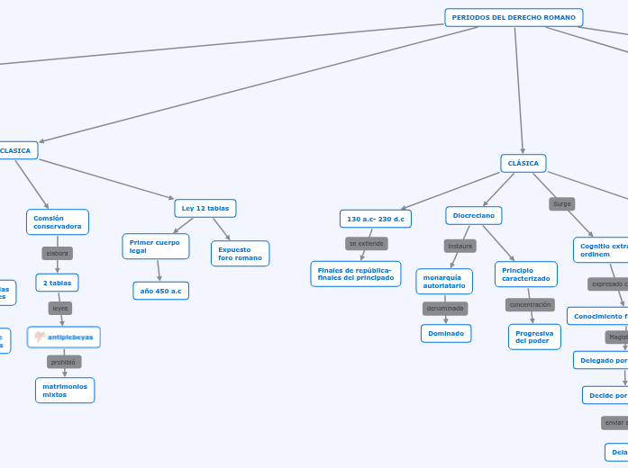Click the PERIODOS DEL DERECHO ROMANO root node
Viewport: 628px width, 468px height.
click(x=514, y=17)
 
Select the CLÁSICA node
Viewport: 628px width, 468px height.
click(x=523, y=164)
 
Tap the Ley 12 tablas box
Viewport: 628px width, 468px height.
click(x=205, y=208)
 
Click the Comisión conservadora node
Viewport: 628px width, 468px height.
click(x=58, y=221)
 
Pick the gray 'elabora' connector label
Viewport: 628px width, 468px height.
click(x=58, y=254)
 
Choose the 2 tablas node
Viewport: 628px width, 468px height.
click(x=58, y=283)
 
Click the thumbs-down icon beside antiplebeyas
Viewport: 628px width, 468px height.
click(x=40, y=337)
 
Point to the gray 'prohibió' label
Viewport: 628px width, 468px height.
click(x=64, y=362)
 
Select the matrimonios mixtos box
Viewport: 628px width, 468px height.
click(x=64, y=390)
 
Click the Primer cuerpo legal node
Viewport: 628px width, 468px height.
click(x=155, y=246)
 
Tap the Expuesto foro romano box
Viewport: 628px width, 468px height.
click(x=240, y=253)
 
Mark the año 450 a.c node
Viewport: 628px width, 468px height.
click(x=160, y=291)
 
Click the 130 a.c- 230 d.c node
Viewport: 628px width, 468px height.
click(x=376, y=219)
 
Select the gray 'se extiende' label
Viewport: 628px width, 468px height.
click(x=366, y=244)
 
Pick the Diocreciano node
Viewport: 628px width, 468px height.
click(x=474, y=216)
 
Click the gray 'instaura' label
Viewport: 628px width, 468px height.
click(x=460, y=246)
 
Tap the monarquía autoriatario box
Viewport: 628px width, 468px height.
click(x=444, y=281)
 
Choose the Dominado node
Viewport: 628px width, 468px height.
click(x=446, y=333)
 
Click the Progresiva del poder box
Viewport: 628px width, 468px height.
click(x=533, y=337)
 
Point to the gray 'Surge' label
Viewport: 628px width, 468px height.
click(x=562, y=204)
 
